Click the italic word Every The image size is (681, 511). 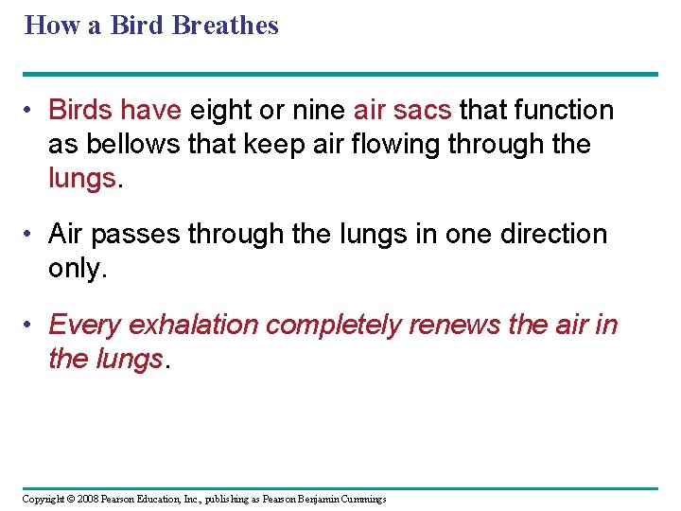(x=85, y=326)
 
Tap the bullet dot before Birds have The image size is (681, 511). (x=30, y=112)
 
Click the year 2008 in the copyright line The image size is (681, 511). (x=87, y=499)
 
